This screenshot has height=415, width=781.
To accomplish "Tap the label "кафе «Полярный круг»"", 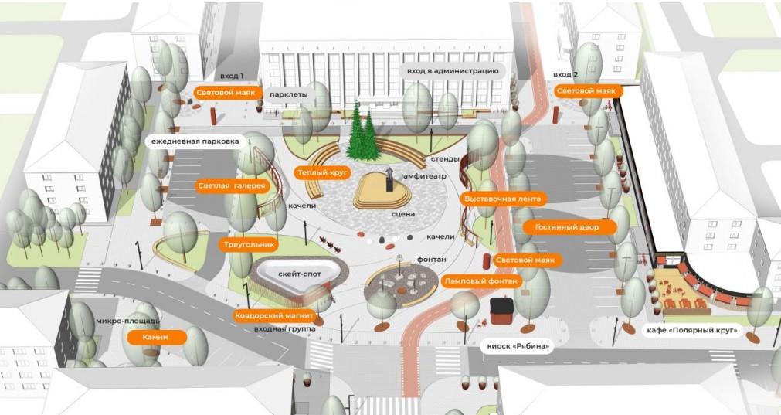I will tap(691, 332).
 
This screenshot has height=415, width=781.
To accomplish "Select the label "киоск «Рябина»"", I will tap(518, 345).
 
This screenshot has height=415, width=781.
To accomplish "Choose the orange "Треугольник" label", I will tap(250, 244).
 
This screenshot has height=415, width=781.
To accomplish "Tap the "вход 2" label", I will tap(565, 74).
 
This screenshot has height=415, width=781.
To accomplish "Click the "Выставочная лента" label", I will tap(502, 199).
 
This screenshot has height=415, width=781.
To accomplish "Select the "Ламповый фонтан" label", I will tap(480, 282).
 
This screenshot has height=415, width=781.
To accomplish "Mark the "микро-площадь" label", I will tap(117, 321).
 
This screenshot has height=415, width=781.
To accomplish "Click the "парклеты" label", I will tap(289, 95).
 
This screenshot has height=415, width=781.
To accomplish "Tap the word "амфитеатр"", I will tap(423, 177).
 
